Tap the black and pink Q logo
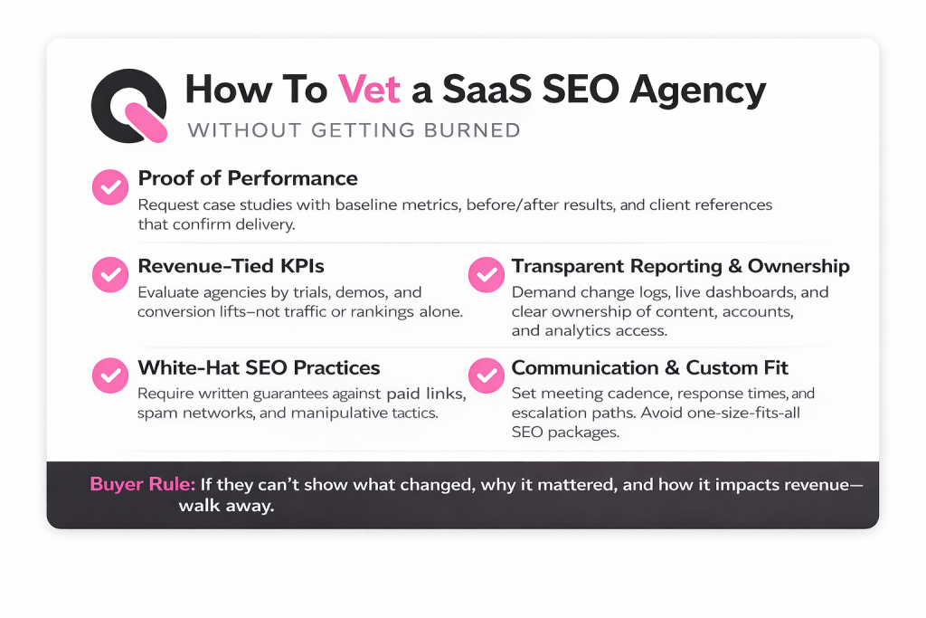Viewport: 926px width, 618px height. pyautogui.click(x=129, y=106)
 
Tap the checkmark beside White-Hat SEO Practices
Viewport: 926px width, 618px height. pyautogui.click(x=110, y=375)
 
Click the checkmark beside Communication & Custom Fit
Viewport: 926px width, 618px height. pyautogui.click(x=486, y=375)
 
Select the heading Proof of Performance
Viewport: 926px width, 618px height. pyautogui.click(x=248, y=178)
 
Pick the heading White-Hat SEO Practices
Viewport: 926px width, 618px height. pyautogui.click(x=259, y=368)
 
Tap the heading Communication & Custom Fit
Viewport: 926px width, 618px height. pyautogui.click(x=649, y=368)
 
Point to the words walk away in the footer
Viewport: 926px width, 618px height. pyautogui.click(x=226, y=507)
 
